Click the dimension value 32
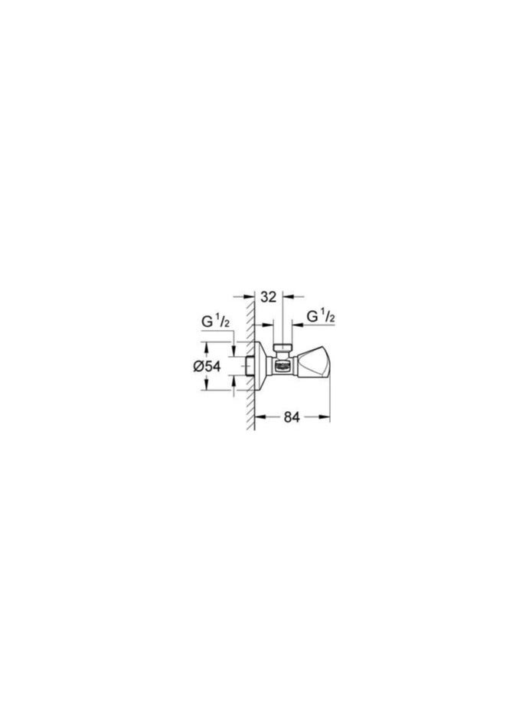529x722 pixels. pyautogui.click(x=269, y=296)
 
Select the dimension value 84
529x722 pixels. pyautogui.click(x=291, y=417)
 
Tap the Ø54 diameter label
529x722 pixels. pyautogui.click(x=207, y=367)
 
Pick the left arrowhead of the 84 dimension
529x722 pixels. pyautogui.click(x=258, y=417)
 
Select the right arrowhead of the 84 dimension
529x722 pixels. pyautogui.click(x=325, y=417)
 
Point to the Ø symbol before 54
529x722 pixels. pyautogui.click(x=197, y=367)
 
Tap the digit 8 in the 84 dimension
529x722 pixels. pyautogui.click(x=286, y=417)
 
